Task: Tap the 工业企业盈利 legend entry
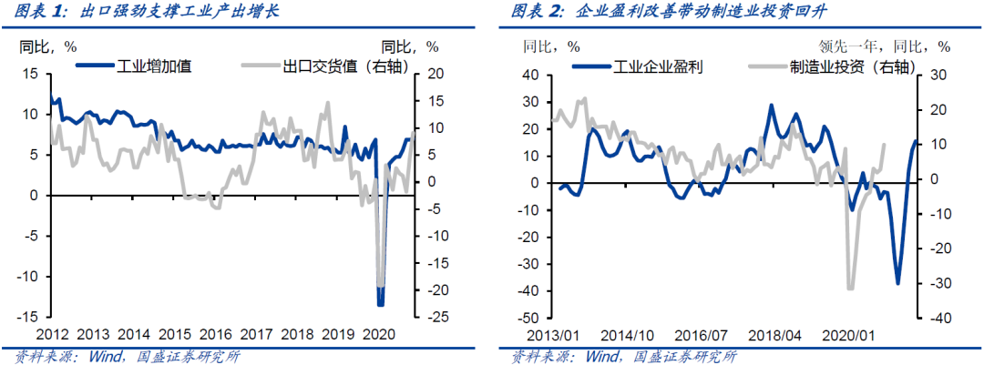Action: pyautogui.click(x=657, y=66)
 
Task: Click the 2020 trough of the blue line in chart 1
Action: pyautogui.click(x=380, y=305)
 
